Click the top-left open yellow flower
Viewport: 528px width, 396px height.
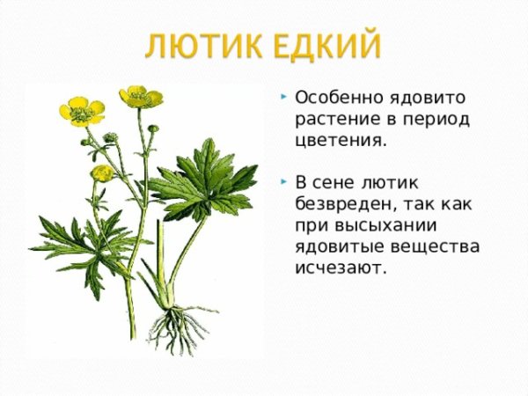pyautogui.click(x=81, y=110)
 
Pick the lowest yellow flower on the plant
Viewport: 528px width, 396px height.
pyautogui.click(x=102, y=172)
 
